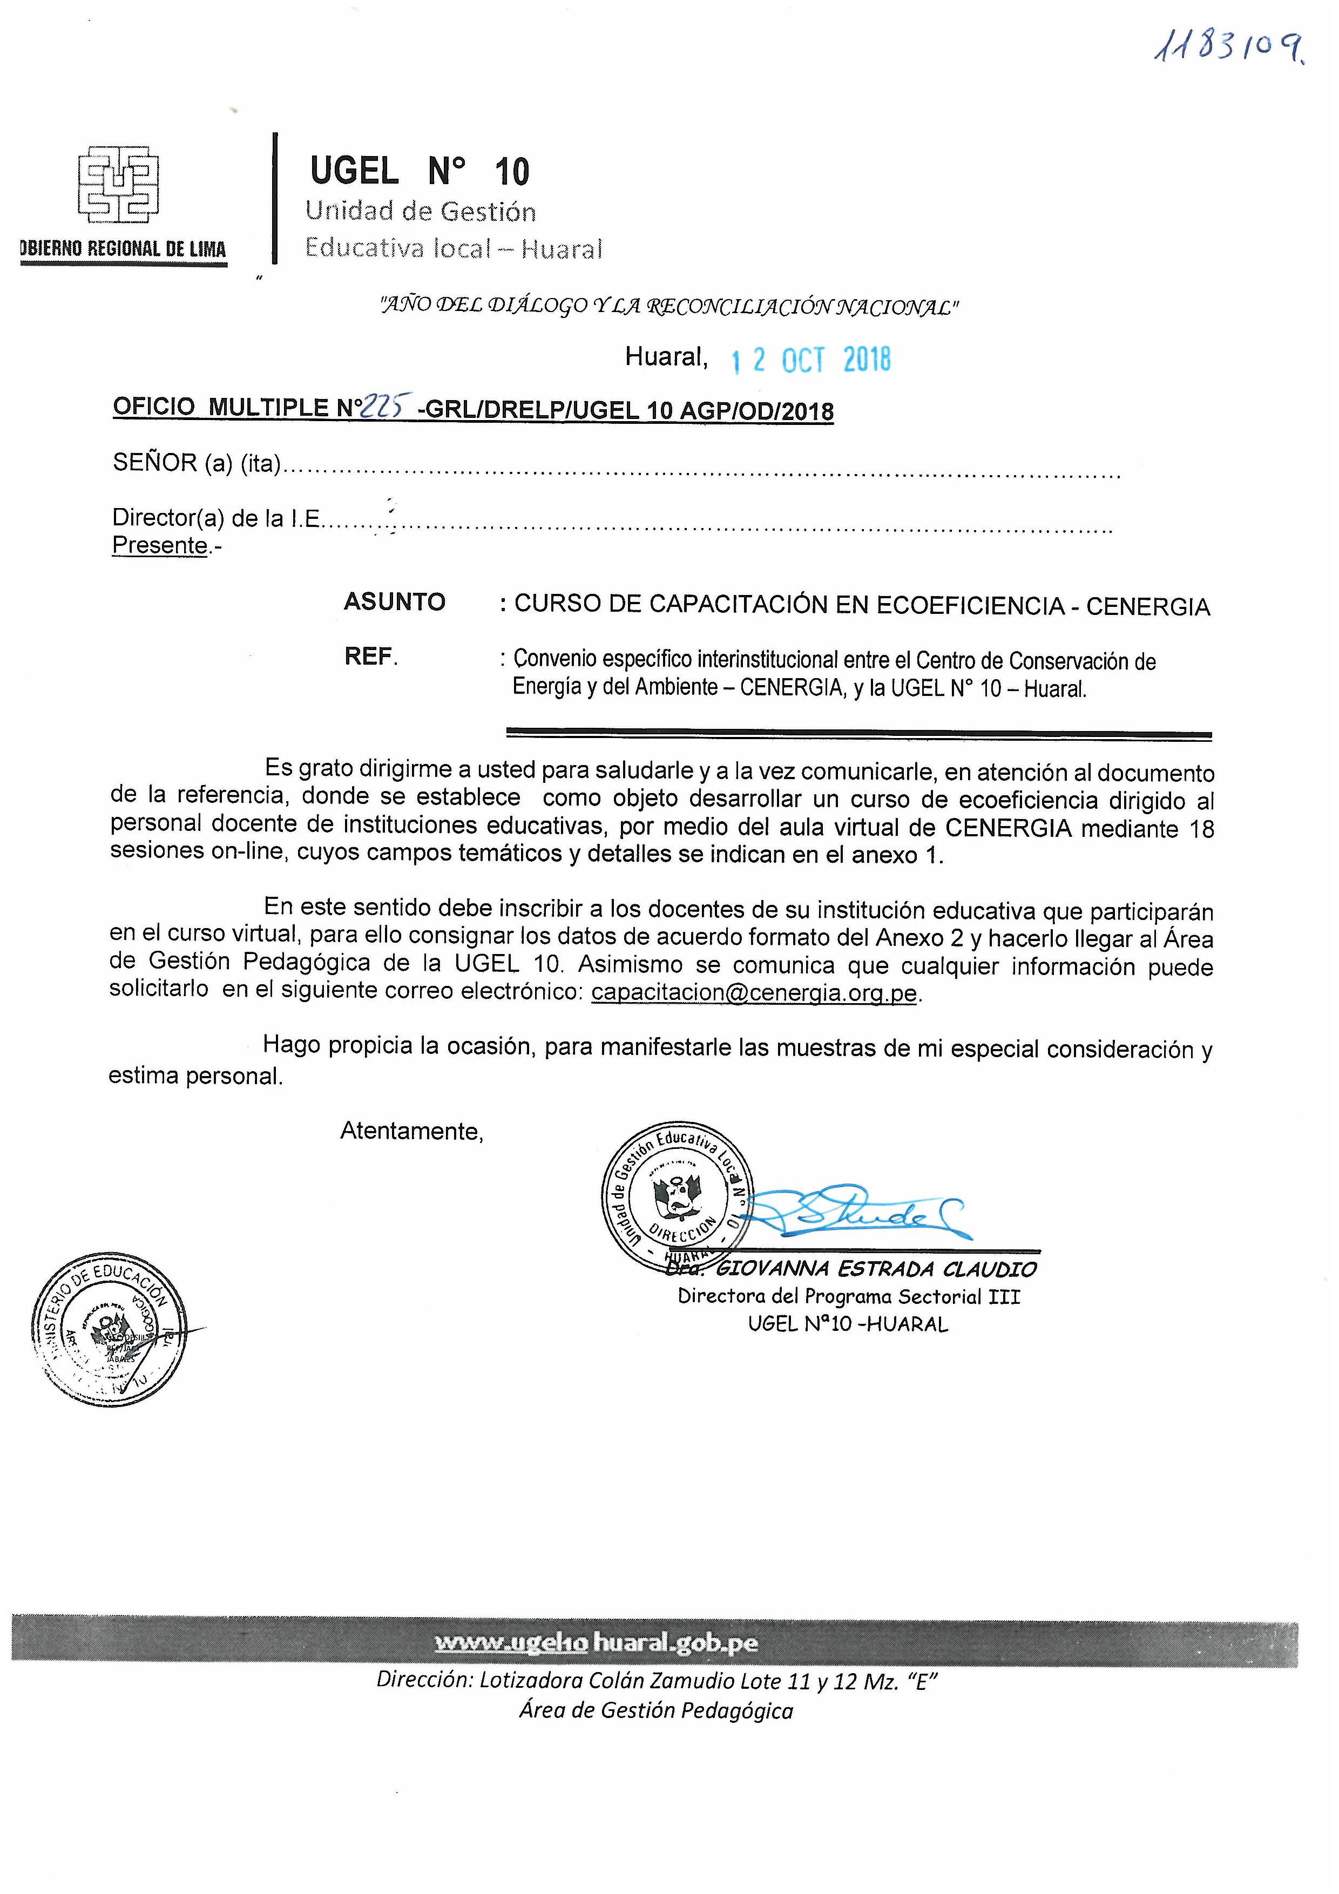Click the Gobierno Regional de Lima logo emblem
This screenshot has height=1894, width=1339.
[x=118, y=186]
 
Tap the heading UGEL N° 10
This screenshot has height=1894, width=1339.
[x=419, y=172]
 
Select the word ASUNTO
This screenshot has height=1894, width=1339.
[x=394, y=602]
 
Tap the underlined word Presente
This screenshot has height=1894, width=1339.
[x=160, y=545]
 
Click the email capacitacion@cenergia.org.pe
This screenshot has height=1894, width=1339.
[x=754, y=993]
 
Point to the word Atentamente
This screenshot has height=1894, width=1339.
[x=411, y=1131]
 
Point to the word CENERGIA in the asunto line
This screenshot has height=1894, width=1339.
[x=1147, y=607]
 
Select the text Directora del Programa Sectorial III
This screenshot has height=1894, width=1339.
[x=849, y=1297]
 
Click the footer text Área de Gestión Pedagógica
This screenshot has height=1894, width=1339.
[x=656, y=1711]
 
